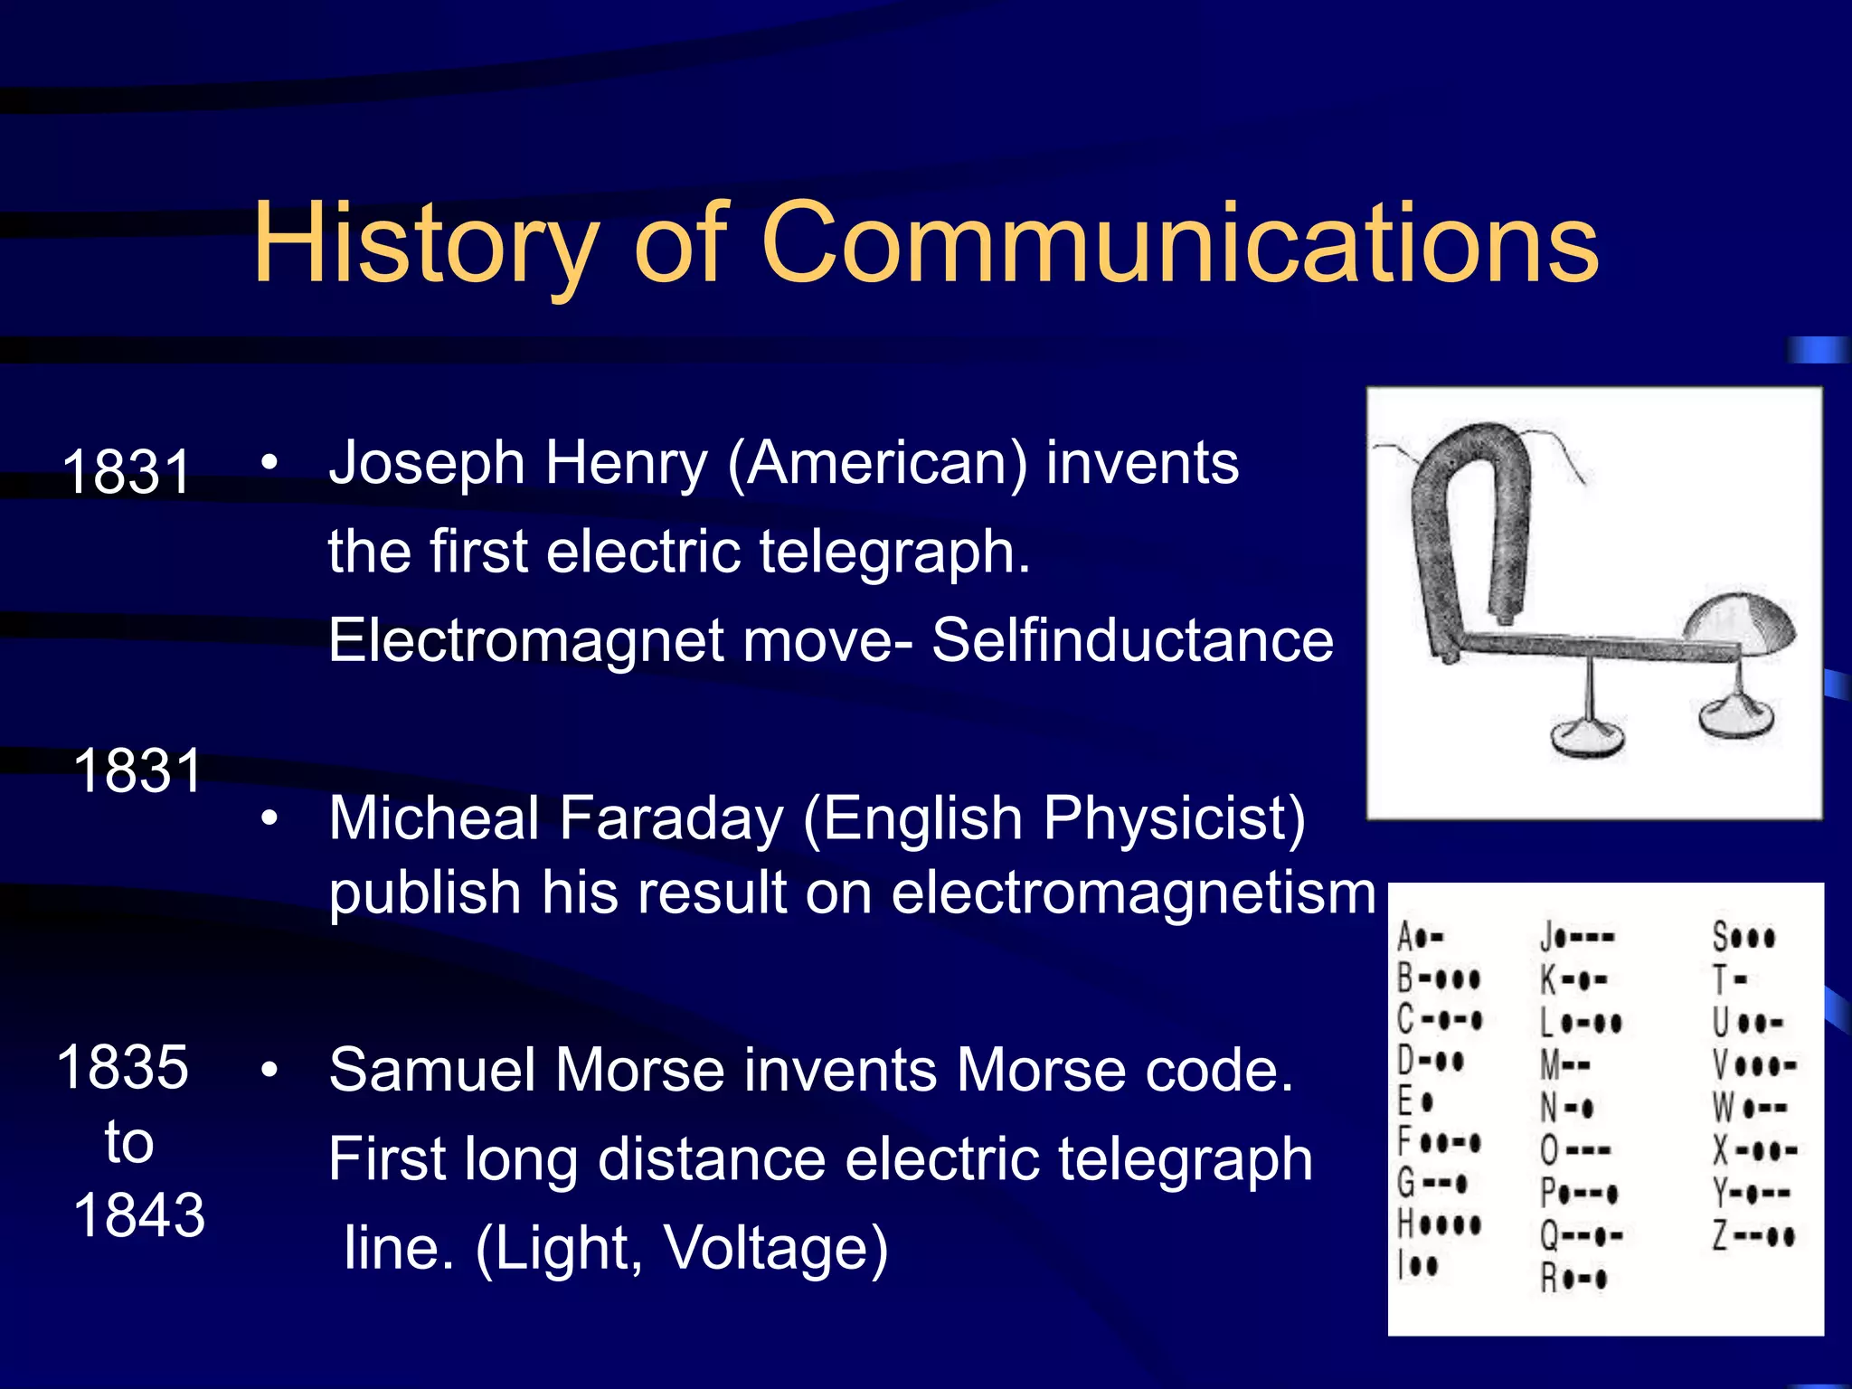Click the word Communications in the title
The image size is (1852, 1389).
1180,244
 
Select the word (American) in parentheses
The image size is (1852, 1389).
878,465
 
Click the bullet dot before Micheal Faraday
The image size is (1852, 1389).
269,818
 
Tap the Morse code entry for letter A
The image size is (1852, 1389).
1421,937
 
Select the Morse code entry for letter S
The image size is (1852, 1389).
1743,937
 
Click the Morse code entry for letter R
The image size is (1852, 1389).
1574,1278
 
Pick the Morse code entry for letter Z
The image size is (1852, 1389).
1753,1235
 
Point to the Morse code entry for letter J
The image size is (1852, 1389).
1577,937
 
